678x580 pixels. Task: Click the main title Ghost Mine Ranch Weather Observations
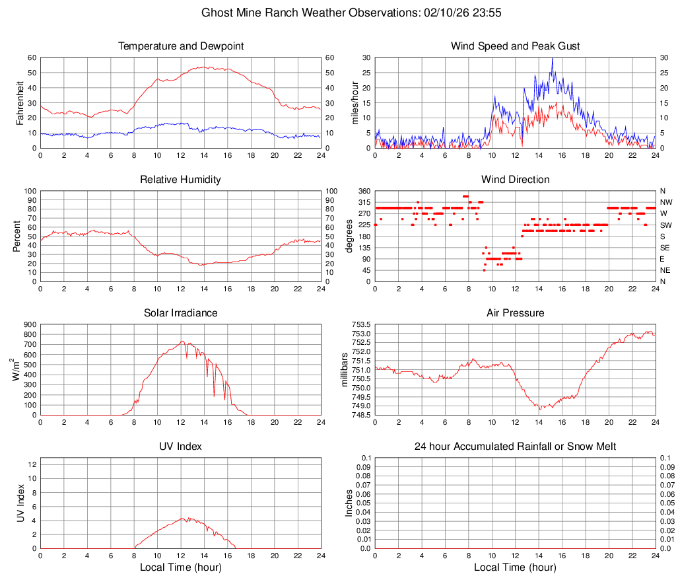click(x=339, y=13)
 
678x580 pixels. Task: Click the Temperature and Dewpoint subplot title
click(x=181, y=46)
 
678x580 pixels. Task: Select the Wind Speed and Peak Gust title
click(x=515, y=46)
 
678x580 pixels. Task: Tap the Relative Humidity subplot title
click(x=181, y=180)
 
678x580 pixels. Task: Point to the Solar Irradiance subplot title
click(x=181, y=312)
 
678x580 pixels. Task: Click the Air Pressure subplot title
click(x=515, y=312)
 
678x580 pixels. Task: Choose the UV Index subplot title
click(x=181, y=447)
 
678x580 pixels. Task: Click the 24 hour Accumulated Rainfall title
click(x=515, y=447)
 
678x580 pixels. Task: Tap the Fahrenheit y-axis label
click(x=20, y=103)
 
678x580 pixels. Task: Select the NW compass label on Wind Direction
click(x=666, y=202)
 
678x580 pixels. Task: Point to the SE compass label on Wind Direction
click(x=665, y=248)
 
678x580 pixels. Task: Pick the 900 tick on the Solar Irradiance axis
click(x=28, y=324)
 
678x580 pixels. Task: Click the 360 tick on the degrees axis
click(x=363, y=191)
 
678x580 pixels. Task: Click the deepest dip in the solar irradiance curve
click(x=214, y=396)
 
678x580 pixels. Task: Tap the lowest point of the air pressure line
click(x=539, y=409)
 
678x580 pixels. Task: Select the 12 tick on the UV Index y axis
click(x=32, y=464)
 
